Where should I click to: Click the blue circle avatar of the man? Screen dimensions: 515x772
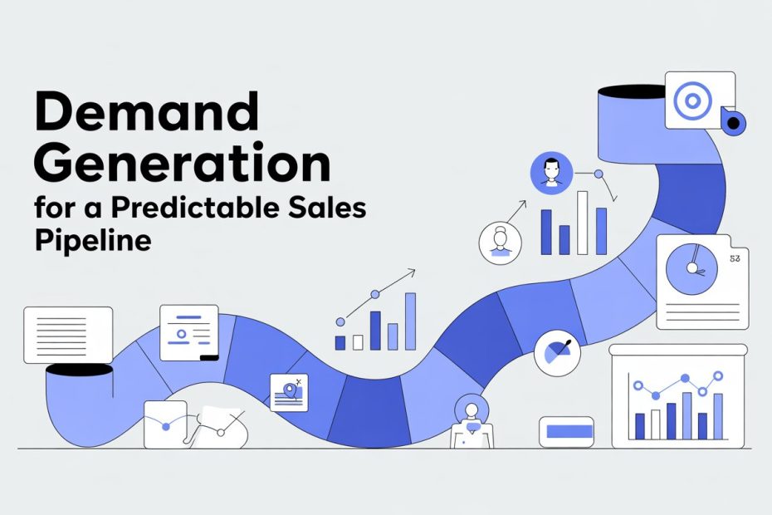(x=549, y=173)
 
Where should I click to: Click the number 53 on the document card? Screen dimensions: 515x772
(x=734, y=259)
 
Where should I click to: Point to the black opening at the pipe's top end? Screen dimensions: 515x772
(x=628, y=89)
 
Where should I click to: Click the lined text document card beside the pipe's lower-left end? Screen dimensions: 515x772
(x=68, y=334)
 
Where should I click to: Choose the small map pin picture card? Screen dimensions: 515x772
(x=288, y=391)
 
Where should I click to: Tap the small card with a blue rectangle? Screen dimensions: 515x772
(x=566, y=431)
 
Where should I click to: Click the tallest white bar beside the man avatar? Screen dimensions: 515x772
(x=582, y=222)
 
